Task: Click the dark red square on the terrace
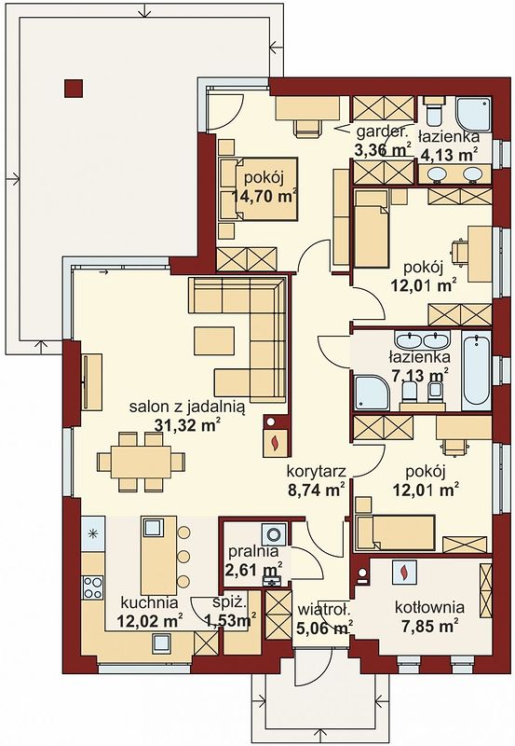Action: coord(74,88)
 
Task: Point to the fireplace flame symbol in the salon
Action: coord(274,442)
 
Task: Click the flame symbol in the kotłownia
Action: coord(404,571)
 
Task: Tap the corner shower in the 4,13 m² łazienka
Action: coord(473,114)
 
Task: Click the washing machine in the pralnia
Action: coord(274,533)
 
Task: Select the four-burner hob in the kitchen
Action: coord(93,587)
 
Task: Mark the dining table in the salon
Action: coord(142,461)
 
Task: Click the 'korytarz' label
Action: coord(316,471)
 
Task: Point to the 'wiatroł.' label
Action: coord(324,610)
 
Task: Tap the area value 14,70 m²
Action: coord(264,196)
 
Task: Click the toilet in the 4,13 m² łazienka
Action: coord(434,110)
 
